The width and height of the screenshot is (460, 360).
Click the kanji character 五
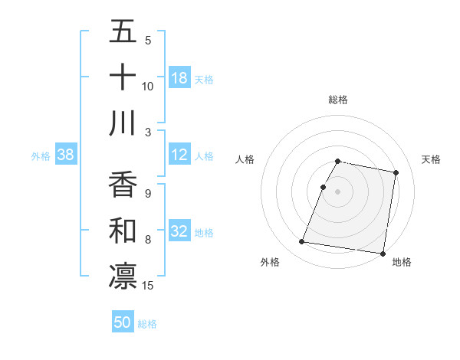point(123,33)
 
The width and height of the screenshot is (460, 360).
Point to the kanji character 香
point(123,185)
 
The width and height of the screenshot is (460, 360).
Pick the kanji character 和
point(123,230)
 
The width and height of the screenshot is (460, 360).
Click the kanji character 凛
point(123,276)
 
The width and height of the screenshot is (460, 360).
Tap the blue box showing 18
point(179,78)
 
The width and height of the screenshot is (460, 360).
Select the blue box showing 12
point(179,155)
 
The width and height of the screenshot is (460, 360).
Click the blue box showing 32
point(179,232)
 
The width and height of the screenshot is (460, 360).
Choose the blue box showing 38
point(66,155)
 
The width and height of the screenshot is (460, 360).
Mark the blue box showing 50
point(123,322)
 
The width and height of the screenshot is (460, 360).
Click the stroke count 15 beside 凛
point(149,286)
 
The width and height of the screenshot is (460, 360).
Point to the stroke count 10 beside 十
point(148,87)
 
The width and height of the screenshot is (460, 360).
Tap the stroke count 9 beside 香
point(148,193)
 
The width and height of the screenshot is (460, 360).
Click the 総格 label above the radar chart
point(338,100)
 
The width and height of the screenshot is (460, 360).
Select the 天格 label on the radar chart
point(431,159)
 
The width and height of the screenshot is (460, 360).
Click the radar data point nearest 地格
point(383,253)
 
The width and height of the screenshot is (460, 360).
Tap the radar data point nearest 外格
point(301,242)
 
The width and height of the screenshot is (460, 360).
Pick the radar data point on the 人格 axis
point(324,187)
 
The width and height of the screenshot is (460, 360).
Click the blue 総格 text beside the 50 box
point(147,324)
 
